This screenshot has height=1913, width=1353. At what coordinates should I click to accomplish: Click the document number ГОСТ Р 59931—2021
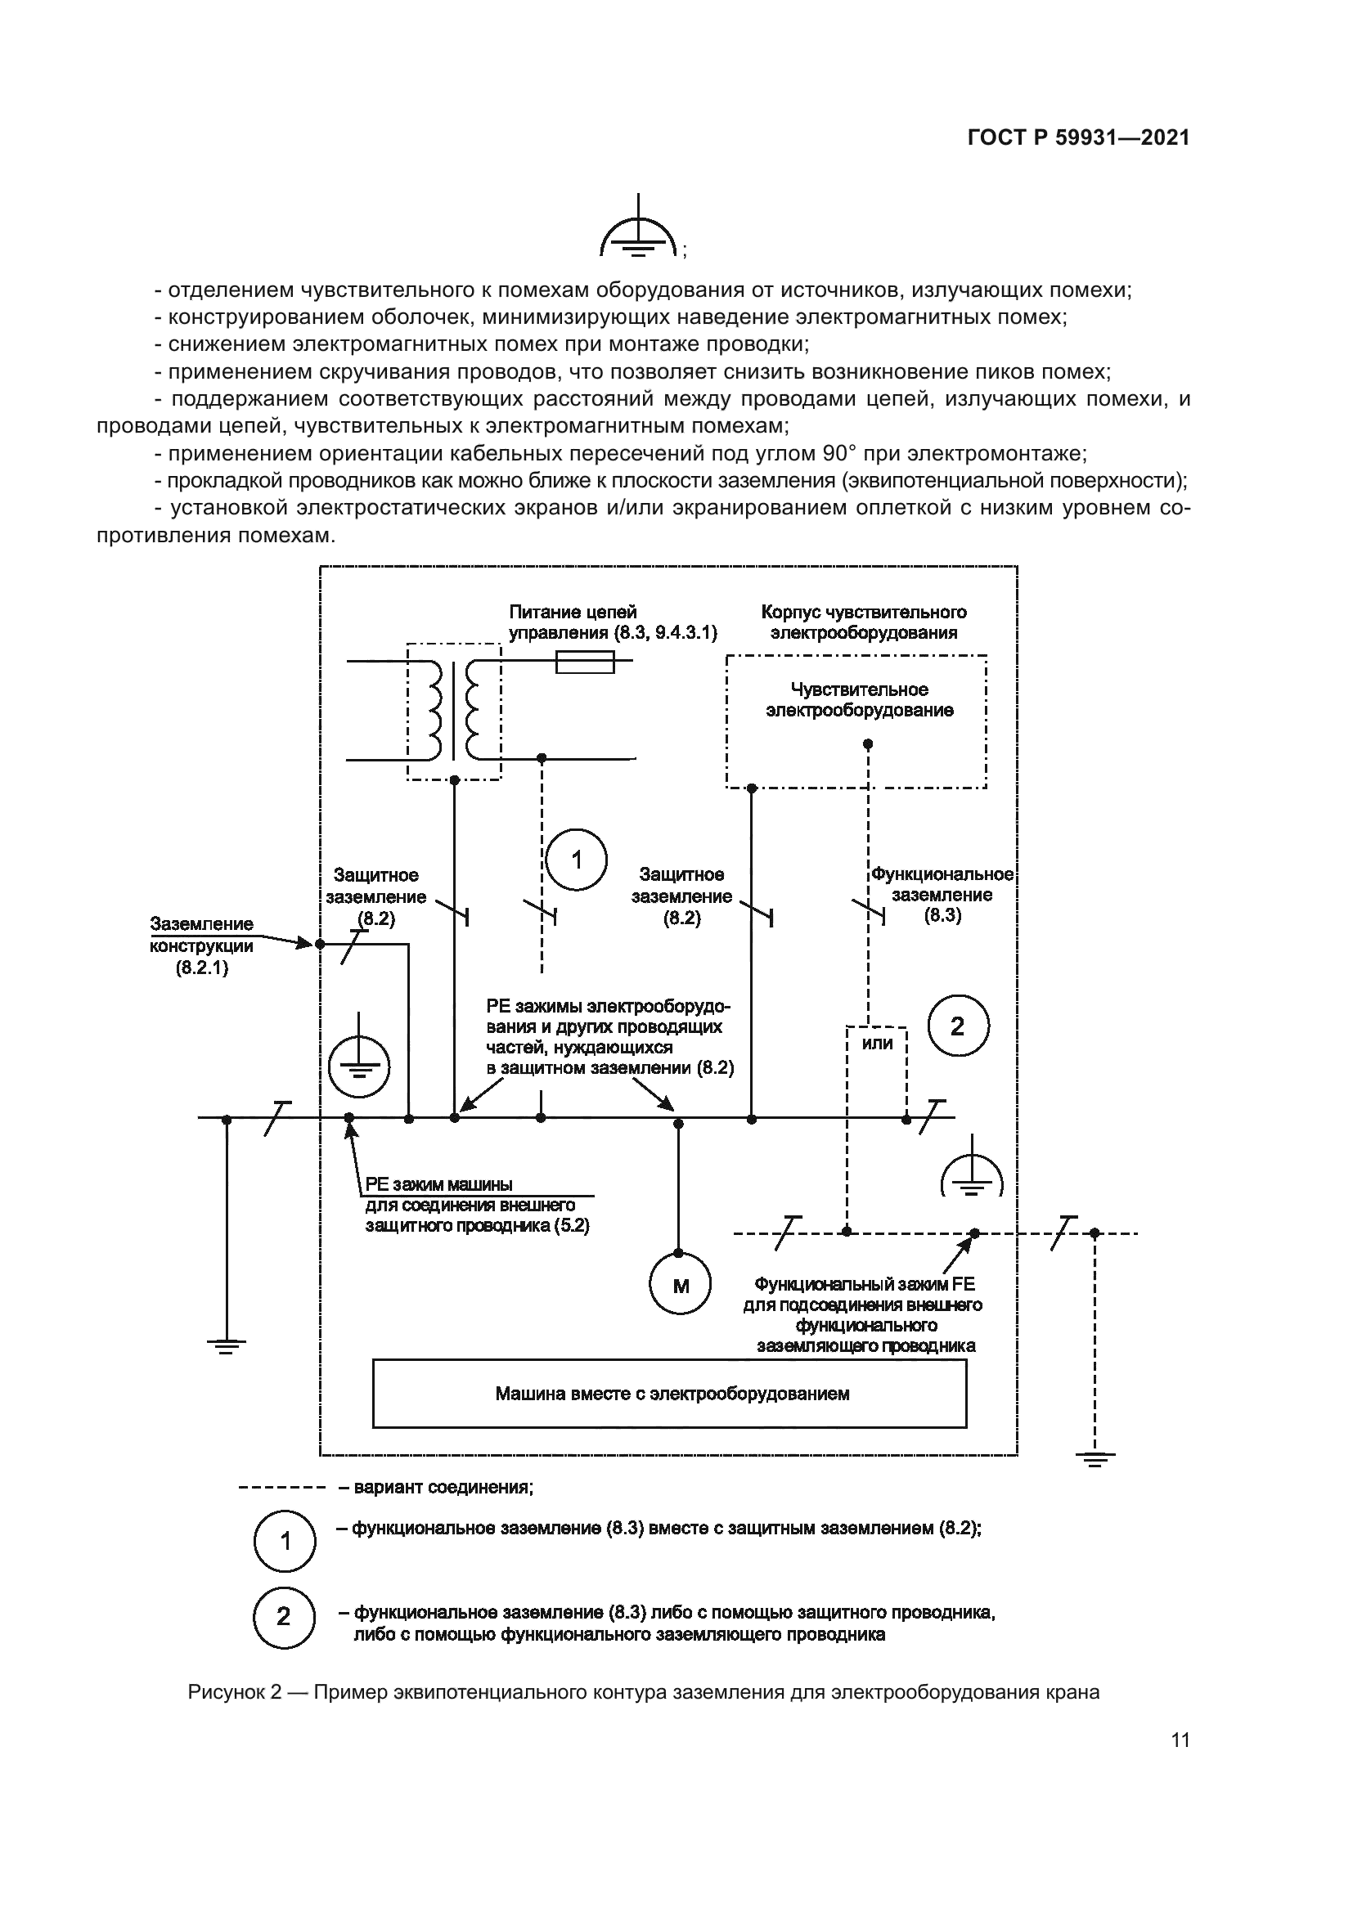pyautogui.click(x=1078, y=138)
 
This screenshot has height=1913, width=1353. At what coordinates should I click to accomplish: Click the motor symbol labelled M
pyautogui.click(x=680, y=1286)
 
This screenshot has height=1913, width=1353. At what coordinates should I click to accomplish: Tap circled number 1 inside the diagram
pyautogui.click(x=577, y=860)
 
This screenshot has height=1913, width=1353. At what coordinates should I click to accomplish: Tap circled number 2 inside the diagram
pyautogui.click(x=957, y=1026)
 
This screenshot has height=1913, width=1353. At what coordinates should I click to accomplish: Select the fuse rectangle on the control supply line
pyautogui.click(x=585, y=662)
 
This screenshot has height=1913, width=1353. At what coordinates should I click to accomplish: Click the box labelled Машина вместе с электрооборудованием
pyautogui.click(x=669, y=1394)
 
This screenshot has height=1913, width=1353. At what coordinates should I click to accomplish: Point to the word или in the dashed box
pyautogui.click(x=877, y=1043)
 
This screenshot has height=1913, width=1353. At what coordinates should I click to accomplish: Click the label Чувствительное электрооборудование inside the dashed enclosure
pyautogui.click(x=859, y=700)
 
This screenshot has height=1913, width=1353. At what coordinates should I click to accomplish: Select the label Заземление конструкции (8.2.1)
pyautogui.click(x=201, y=945)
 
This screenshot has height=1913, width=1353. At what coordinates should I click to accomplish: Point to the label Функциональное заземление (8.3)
pyautogui.click(x=942, y=895)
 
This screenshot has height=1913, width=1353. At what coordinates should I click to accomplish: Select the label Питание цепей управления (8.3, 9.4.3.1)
pyautogui.click(x=612, y=622)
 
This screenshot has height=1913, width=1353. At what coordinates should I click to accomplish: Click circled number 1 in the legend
pyautogui.click(x=284, y=1542)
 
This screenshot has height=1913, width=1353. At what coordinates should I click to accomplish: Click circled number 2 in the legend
pyautogui.click(x=284, y=1617)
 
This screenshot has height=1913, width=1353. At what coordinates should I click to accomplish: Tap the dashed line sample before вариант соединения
pyautogui.click(x=281, y=1487)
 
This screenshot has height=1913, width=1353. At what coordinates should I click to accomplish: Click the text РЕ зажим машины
pyautogui.click(x=438, y=1185)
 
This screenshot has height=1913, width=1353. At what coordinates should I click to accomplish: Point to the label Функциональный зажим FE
pyautogui.click(x=863, y=1285)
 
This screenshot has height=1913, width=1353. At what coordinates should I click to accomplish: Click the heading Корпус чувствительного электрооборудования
pyautogui.click(x=864, y=622)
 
